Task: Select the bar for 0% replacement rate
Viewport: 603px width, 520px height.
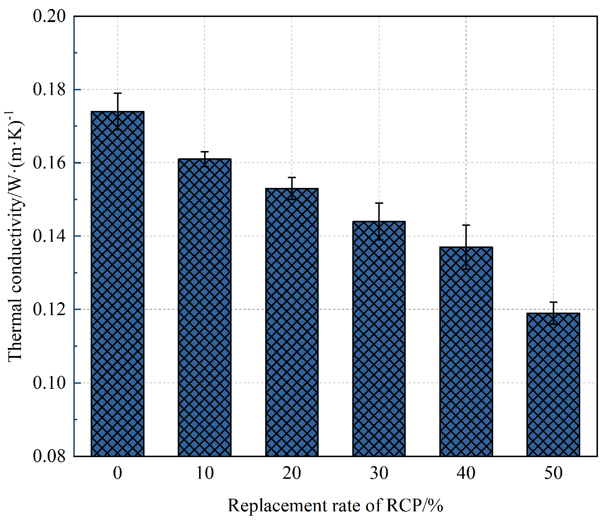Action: [117, 284]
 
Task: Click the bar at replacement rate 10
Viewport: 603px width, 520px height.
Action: [204, 308]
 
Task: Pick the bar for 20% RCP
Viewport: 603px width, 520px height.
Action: [292, 322]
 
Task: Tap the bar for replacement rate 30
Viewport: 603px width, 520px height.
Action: [379, 339]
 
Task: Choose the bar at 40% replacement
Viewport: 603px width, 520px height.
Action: [466, 352]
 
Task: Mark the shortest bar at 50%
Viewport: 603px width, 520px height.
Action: [553, 384]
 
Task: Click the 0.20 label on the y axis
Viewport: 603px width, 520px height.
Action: [49, 16]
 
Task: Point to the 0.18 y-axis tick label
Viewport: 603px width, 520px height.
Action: [49, 90]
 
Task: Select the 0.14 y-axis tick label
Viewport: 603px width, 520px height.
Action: [49, 236]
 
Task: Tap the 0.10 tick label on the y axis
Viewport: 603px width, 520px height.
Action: [49, 383]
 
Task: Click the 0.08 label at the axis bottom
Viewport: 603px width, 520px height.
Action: [49, 456]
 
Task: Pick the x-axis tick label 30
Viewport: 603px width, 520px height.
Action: [379, 473]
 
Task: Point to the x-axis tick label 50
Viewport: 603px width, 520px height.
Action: [553, 473]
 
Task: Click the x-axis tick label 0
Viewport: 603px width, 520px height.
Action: [117, 473]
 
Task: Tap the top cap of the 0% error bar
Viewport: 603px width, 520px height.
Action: [117, 93]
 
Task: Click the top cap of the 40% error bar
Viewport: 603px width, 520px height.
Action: [466, 225]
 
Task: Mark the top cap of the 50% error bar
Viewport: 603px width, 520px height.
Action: [553, 302]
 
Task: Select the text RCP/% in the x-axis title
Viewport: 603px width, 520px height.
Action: [414, 505]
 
